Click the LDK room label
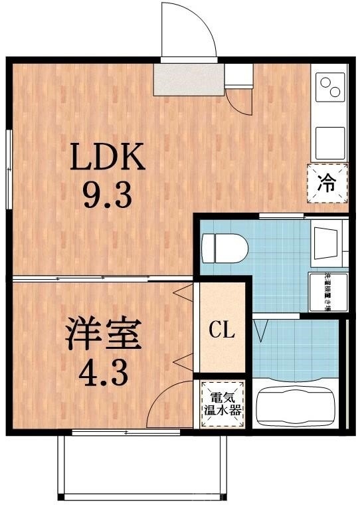pyautogui.click(x=108, y=159)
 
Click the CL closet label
pyautogui.click(x=221, y=330)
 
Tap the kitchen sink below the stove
pyautogui.click(x=329, y=140)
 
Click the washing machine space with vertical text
pyautogui.click(x=326, y=291)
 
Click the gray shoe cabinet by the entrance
pyautogui.click(x=189, y=80)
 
